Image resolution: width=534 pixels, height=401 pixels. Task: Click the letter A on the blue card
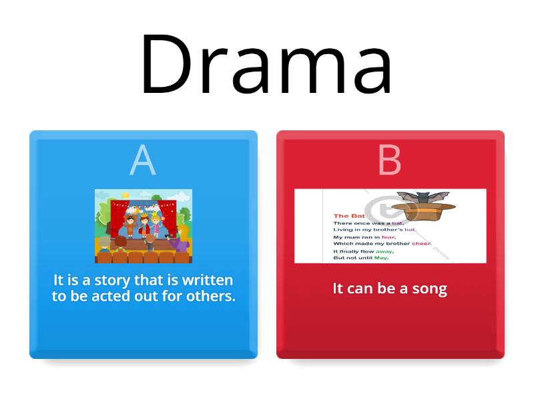[x=142, y=160]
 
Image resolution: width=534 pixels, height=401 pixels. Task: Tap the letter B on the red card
[x=390, y=160]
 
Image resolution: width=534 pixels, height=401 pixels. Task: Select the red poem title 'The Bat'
[x=348, y=216]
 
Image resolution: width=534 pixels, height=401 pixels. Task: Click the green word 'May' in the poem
[x=381, y=258]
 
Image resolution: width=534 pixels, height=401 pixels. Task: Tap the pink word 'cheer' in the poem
[x=421, y=244]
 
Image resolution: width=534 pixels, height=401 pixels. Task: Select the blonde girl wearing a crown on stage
[x=156, y=224]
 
